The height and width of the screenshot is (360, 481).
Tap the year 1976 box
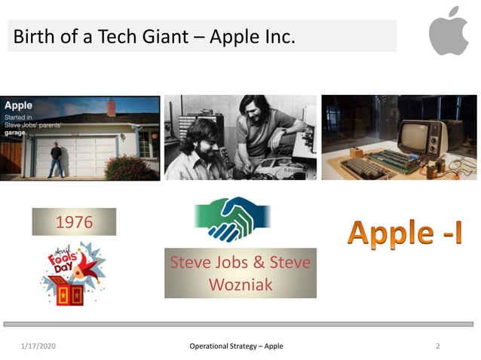point(74,222)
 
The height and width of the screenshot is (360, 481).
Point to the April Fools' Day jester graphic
point(72,273)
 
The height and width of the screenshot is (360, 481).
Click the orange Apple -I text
point(404,233)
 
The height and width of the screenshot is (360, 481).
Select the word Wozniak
point(240,285)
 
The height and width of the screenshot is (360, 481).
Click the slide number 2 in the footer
point(438,346)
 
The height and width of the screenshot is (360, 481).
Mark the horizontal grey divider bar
point(240,324)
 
